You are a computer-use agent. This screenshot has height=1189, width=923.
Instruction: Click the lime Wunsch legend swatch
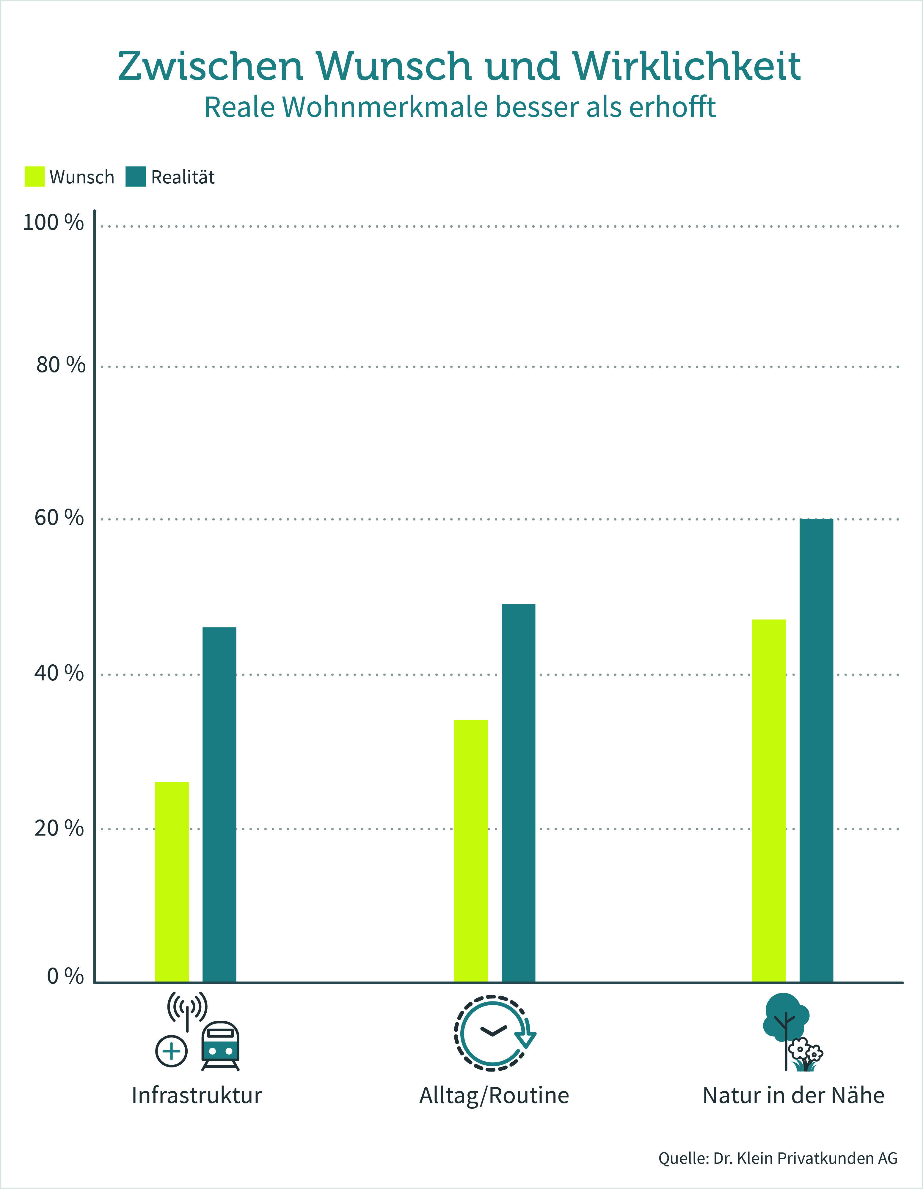(x=34, y=177)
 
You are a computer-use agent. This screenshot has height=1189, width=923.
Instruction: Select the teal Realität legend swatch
(x=136, y=177)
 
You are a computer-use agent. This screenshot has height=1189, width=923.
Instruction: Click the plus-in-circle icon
(x=172, y=1051)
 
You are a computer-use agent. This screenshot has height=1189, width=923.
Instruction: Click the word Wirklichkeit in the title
(x=686, y=66)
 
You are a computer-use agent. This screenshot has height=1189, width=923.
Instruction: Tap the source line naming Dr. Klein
(x=778, y=1158)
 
